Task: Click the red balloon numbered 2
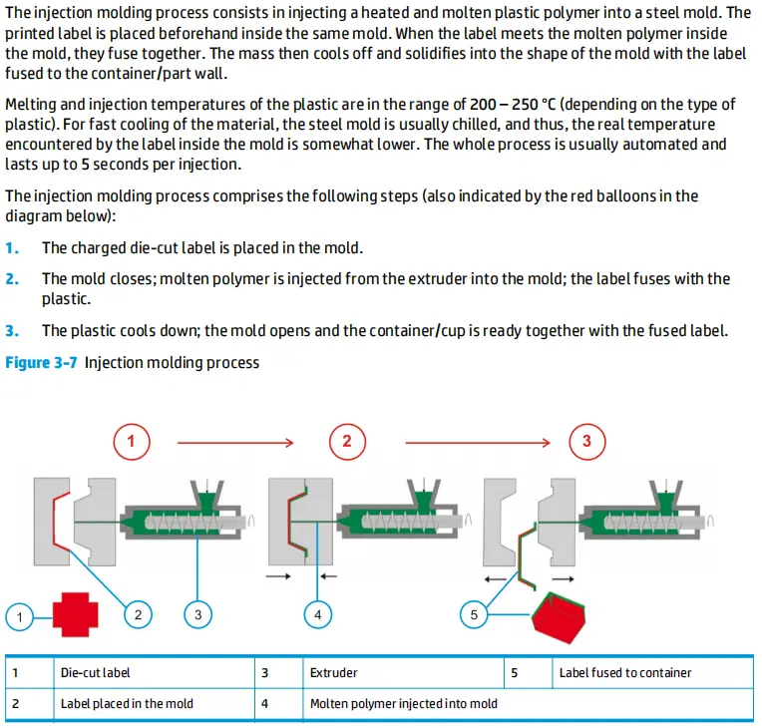(347, 440)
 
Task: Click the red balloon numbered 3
(586, 440)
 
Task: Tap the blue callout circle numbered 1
(19, 616)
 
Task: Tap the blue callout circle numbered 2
(139, 615)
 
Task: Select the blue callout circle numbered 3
(197, 615)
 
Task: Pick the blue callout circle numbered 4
(317, 615)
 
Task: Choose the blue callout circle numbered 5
(474, 615)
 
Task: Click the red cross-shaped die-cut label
(72, 614)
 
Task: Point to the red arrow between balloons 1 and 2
(233, 440)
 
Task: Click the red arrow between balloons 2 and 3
(477, 440)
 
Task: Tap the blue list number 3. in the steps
(12, 330)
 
